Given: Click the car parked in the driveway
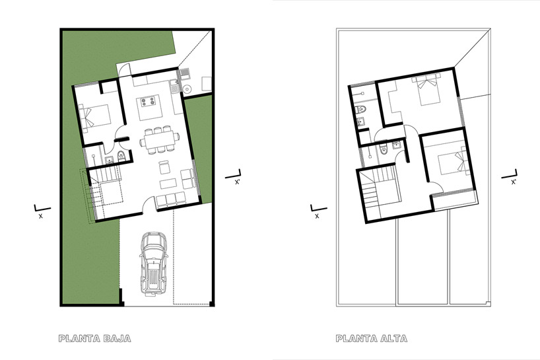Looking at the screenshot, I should tap(152, 263).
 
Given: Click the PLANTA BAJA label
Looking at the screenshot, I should tap(94, 339).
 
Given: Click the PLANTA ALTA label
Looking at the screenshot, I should tap(371, 339).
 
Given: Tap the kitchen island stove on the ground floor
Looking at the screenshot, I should tap(147, 104).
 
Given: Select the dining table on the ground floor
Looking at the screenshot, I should tap(160, 140).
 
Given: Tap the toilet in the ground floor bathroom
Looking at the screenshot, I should tap(120, 155).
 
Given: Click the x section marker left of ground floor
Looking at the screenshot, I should tap(39, 211).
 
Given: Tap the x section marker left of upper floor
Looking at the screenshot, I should tap(316, 211).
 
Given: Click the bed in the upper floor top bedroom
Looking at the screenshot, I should tap(426, 88).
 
